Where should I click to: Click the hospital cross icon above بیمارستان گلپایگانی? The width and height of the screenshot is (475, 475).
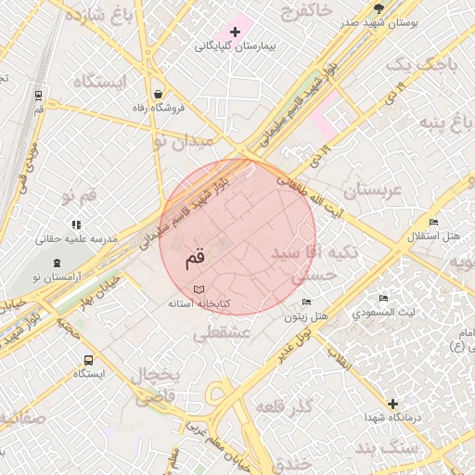236,32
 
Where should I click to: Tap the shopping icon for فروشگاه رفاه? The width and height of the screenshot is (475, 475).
159,94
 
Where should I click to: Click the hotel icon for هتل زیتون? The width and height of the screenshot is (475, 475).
307,302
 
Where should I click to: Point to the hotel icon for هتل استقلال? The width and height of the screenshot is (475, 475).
433,221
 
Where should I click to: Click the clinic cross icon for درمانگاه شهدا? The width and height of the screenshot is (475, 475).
393,404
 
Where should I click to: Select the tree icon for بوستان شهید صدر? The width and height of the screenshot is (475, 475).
379,8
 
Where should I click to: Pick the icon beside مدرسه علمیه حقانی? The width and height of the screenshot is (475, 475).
76,225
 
